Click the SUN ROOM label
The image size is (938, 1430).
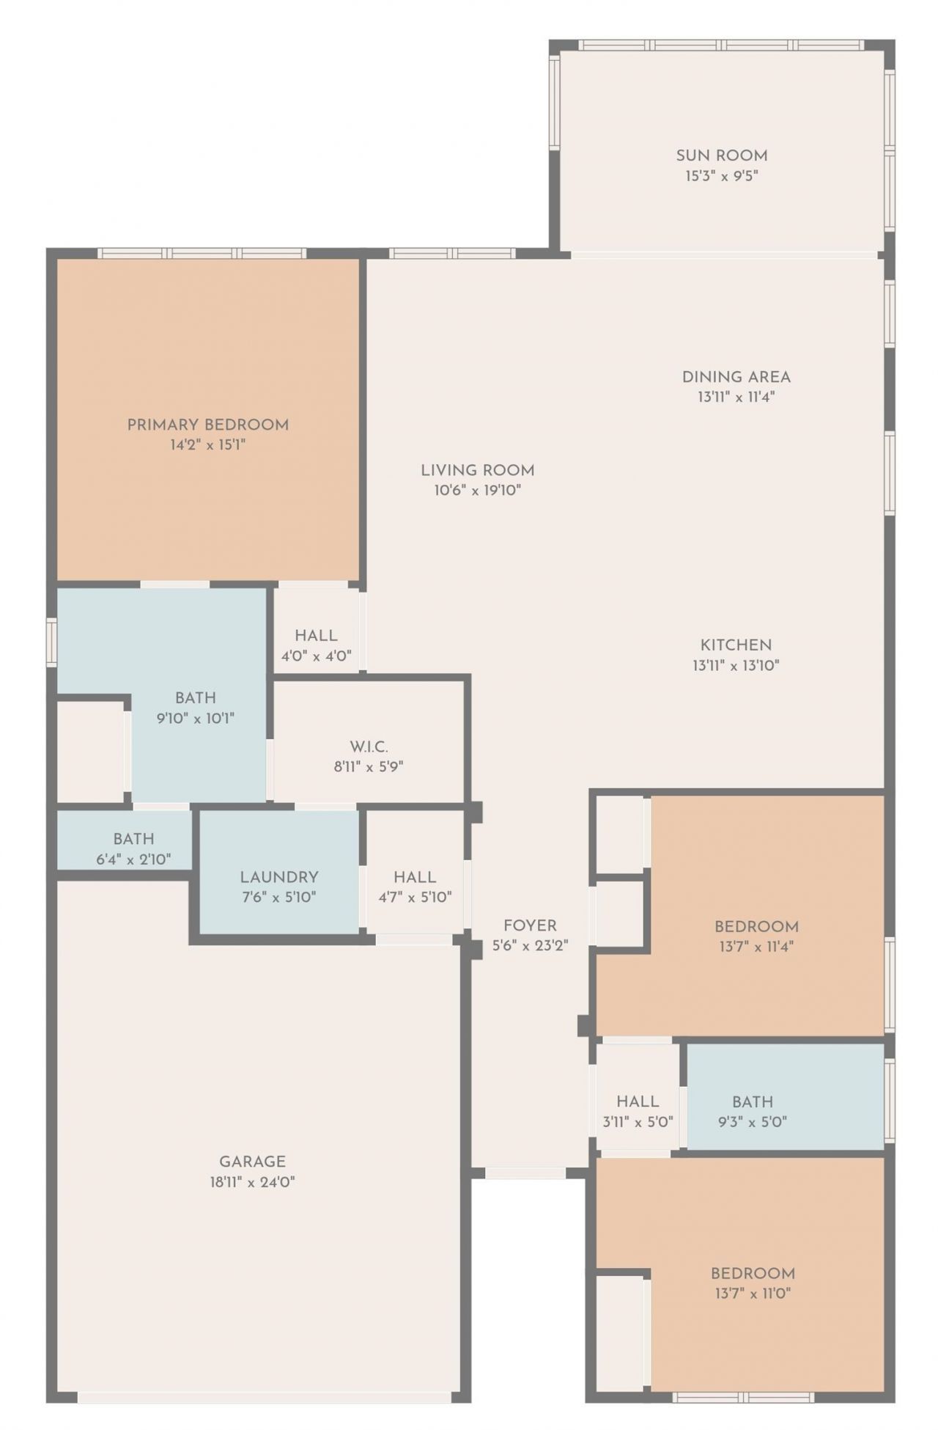[x=721, y=155]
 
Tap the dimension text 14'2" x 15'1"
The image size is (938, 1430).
[x=207, y=444]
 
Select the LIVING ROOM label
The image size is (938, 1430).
[x=477, y=470]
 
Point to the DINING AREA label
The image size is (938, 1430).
[x=736, y=377]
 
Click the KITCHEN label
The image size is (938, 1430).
[x=736, y=645]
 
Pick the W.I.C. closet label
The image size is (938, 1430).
[x=369, y=747]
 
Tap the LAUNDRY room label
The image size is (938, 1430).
[x=278, y=877]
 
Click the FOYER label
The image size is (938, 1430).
[x=530, y=925]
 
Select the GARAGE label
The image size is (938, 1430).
[x=252, y=1162]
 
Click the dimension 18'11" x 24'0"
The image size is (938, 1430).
[x=252, y=1182]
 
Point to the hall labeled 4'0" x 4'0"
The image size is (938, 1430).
[x=316, y=636]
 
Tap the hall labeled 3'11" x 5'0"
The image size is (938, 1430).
[x=637, y=1101]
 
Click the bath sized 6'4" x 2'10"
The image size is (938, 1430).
[x=133, y=839]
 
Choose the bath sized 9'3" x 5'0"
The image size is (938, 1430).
[x=753, y=1101]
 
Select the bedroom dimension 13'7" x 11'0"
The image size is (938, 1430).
[x=753, y=1294]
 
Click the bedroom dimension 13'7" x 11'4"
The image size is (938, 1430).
[x=756, y=947]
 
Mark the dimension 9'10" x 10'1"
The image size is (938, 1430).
[x=195, y=718]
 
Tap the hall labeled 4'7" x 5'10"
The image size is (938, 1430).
[x=415, y=877]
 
